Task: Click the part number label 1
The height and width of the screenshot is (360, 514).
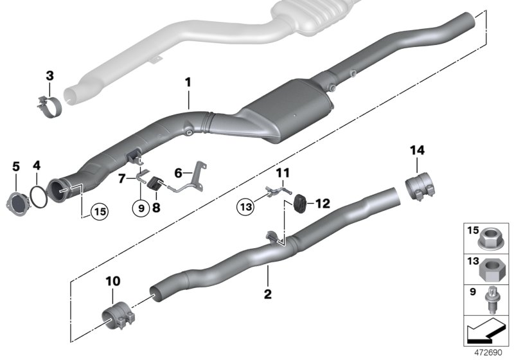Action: click(188, 82)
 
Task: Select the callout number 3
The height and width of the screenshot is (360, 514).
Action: click(49, 76)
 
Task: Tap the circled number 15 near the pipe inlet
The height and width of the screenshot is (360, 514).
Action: click(98, 210)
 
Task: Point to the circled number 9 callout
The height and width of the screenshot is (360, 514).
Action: click(139, 210)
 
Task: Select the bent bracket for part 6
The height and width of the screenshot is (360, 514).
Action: click(193, 182)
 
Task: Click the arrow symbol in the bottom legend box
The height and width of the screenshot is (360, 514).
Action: click(484, 332)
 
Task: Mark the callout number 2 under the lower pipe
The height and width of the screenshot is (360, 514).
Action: click(268, 295)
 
